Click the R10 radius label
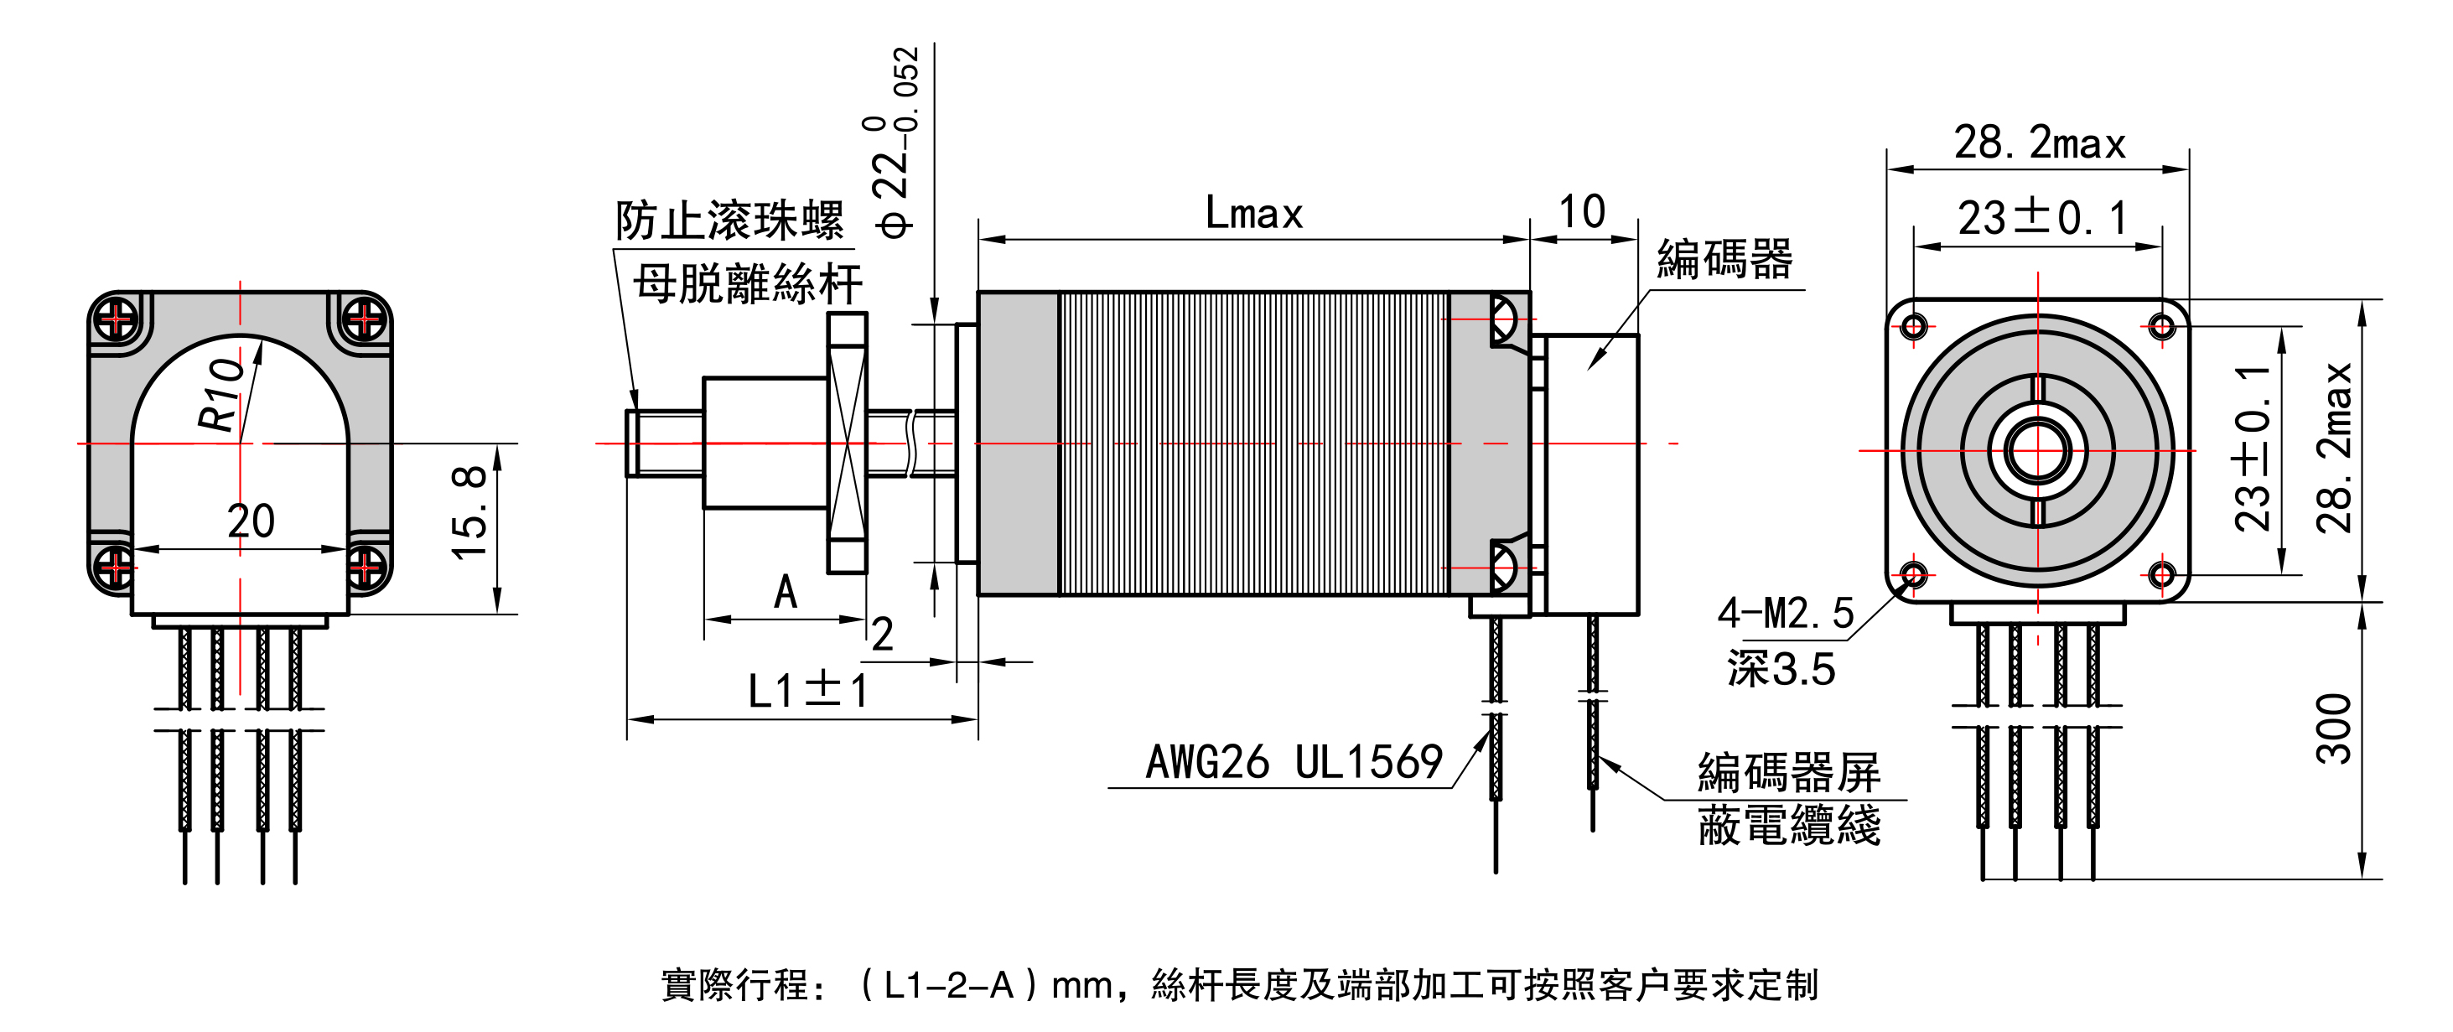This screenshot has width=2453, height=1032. (221, 394)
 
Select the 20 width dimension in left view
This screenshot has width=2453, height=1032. (251, 521)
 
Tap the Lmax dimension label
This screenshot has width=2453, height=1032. (1253, 213)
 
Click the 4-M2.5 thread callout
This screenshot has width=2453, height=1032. (1786, 613)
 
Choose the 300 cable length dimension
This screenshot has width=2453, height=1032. (2333, 729)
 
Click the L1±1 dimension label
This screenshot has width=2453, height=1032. (806, 690)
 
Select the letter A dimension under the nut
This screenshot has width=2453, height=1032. (786, 592)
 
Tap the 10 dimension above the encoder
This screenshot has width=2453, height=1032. (1582, 211)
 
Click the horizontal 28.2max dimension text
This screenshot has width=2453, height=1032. (2040, 143)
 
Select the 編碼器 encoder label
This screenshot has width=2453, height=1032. (1724, 259)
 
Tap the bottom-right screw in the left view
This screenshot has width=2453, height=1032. (365, 568)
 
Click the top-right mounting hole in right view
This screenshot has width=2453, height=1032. (2161, 328)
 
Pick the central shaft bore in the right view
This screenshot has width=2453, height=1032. (2038, 451)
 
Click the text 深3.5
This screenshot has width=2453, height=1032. (1781, 669)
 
